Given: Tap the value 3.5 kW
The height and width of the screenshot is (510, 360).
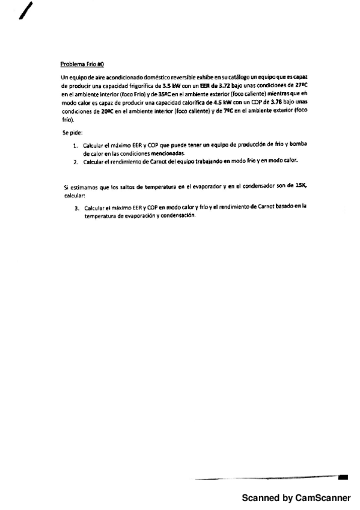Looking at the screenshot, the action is pyautogui.click(x=163, y=86).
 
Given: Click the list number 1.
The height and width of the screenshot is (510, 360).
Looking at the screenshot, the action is pyautogui.click(x=76, y=146).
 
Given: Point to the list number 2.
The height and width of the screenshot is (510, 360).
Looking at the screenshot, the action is pyautogui.click(x=76, y=162).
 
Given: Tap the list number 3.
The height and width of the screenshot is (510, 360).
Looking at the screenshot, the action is pyautogui.click(x=76, y=207).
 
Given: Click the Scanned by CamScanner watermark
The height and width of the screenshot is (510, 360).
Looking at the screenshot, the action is pyautogui.click(x=296, y=498).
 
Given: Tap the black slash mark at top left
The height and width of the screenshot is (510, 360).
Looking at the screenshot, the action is pyautogui.click(x=26, y=10).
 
